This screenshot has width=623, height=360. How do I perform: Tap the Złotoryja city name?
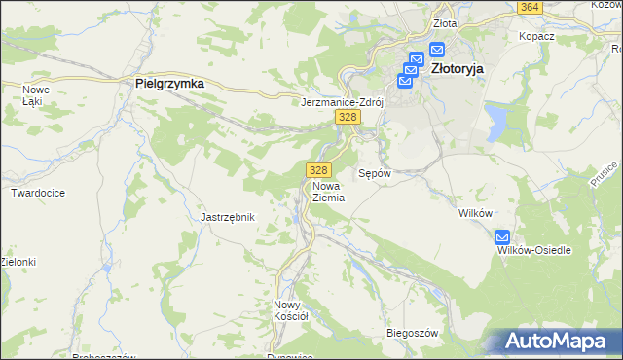click(457, 69)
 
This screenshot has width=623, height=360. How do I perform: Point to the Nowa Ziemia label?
click(328, 190)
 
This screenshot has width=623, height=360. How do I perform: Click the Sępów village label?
click(375, 173)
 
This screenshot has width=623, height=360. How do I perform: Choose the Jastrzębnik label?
click(227, 217)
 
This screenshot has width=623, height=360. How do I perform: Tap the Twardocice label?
click(38, 193)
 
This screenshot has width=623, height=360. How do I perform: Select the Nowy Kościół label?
click(290, 309)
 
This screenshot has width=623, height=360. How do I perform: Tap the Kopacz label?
click(536, 36)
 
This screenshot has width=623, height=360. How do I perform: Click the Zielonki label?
click(18, 262)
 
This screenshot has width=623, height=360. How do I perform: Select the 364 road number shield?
click(530, 7)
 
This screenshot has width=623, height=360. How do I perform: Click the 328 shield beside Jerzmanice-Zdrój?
click(348, 117)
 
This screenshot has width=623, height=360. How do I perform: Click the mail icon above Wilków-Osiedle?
click(502, 236)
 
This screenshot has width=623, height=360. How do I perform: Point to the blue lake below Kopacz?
click(497, 122)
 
